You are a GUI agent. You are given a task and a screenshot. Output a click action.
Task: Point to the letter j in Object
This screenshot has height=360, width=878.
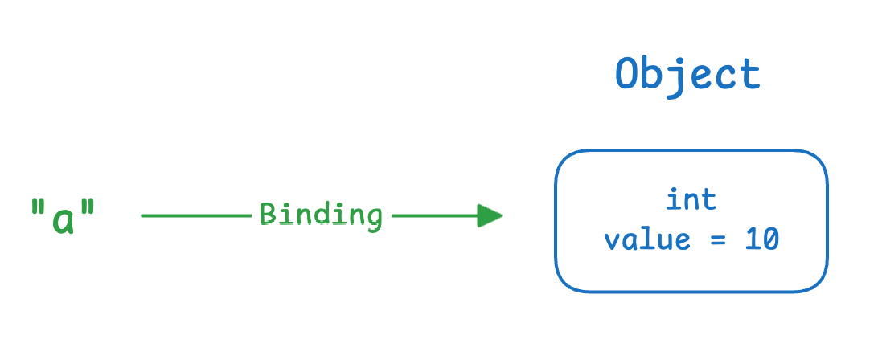(674, 79)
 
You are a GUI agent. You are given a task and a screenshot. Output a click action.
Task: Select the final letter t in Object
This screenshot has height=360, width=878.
(750, 76)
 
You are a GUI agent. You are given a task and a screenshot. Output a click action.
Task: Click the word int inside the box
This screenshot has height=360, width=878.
(691, 200)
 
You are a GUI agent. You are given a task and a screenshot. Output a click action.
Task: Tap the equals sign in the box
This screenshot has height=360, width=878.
(717, 241)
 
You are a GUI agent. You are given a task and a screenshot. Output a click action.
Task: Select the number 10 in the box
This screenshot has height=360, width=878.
(761, 240)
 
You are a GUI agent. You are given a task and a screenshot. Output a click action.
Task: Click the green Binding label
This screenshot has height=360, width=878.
(322, 215)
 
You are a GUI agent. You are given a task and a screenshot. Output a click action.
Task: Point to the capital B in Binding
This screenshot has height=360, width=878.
(269, 215)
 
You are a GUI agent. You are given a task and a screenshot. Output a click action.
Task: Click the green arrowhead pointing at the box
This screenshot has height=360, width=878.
(490, 215)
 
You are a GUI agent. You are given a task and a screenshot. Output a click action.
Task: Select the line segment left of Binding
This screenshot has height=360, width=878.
(196, 215)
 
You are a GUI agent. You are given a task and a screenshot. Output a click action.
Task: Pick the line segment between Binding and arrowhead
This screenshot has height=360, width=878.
(434, 215)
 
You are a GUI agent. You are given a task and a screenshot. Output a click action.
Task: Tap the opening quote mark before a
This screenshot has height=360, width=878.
(38, 208)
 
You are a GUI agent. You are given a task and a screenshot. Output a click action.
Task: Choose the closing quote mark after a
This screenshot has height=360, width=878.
(88, 208)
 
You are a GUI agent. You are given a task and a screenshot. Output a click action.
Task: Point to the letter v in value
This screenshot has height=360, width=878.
(613, 242)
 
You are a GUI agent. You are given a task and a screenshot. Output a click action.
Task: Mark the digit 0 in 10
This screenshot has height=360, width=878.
(770, 240)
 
